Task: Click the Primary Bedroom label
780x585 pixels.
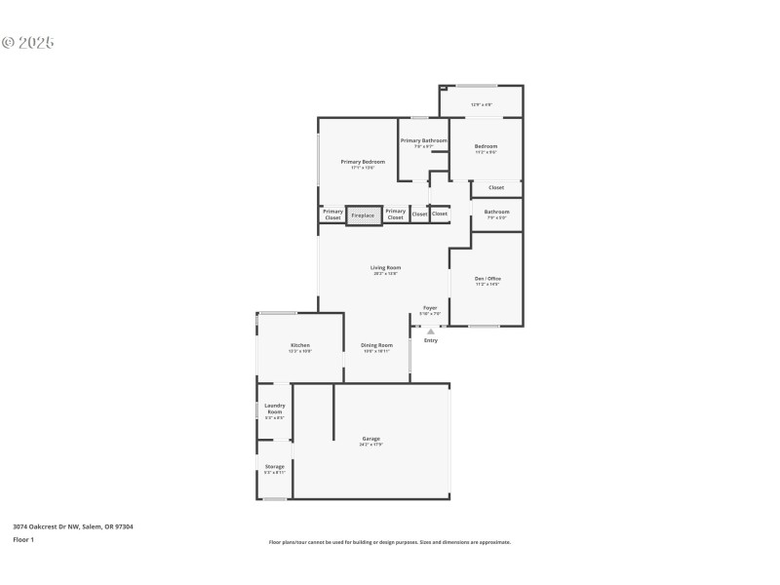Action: tap(363, 162)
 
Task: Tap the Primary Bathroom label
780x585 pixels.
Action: tap(423, 141)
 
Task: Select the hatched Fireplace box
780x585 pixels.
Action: tap(363, 214)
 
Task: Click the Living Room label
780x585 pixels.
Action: tap(385, 268)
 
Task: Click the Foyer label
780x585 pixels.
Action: tap(430, 308)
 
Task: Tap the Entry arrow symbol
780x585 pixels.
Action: tap(431, 331)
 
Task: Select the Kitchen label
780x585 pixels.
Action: tap(299, 346)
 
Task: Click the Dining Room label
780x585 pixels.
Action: tap(376, 346)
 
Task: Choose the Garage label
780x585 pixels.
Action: tap(371, 439)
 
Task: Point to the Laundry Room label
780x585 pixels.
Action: tap(274, 409)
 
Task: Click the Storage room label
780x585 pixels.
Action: tap(274, 467)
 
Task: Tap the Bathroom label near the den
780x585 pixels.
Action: tap(496, 212)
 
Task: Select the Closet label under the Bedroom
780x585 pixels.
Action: tap(496, 188)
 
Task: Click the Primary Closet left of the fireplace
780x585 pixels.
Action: tap(332, 214)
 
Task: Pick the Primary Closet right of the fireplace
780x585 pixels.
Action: tap(395, 214)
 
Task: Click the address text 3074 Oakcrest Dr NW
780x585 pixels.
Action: tap(73, 526)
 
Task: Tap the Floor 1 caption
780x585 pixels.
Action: tap(23, 539)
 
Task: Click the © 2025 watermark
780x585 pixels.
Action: tap(28, 43)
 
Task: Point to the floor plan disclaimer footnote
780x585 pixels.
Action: tap(390, 542)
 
